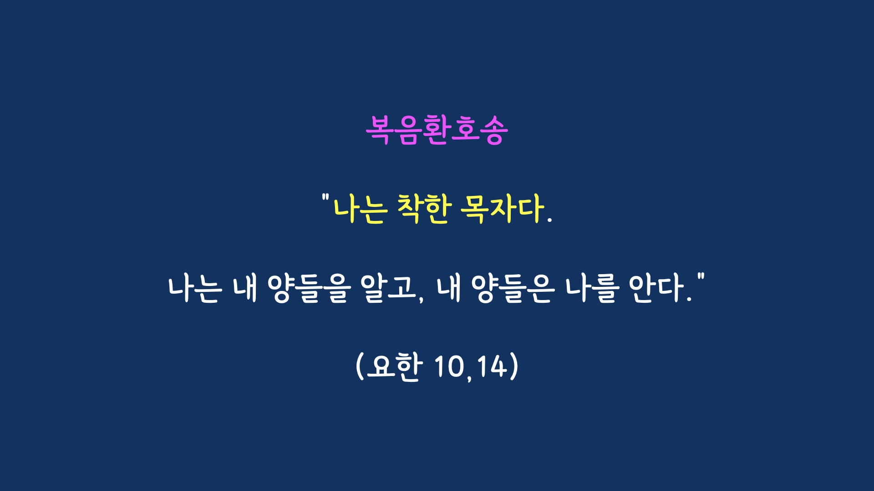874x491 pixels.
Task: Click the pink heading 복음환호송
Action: pos(437,130)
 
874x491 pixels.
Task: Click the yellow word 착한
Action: pos(425,209)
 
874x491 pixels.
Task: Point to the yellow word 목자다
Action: pos(503,209)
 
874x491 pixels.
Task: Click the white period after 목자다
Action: pos(549,220)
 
